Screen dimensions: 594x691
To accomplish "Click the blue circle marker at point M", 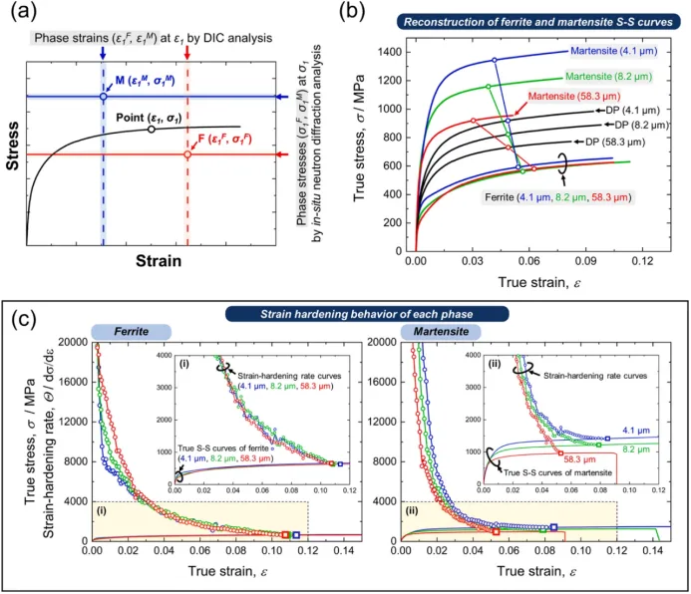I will (x=103, y=97).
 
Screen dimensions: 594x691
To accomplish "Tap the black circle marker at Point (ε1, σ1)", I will (x=151, y=129).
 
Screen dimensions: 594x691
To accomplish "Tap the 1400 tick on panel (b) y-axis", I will (x=390, y=51).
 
